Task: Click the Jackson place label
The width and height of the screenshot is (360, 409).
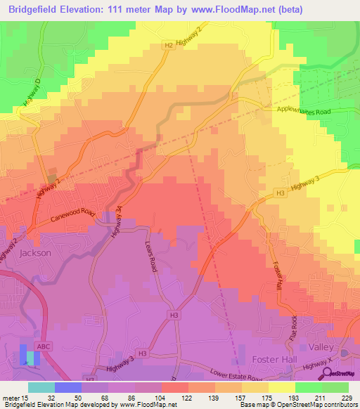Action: point(35,252)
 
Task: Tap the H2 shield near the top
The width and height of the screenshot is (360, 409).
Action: point(168,46)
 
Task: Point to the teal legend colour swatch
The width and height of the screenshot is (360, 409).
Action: point(41,387)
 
